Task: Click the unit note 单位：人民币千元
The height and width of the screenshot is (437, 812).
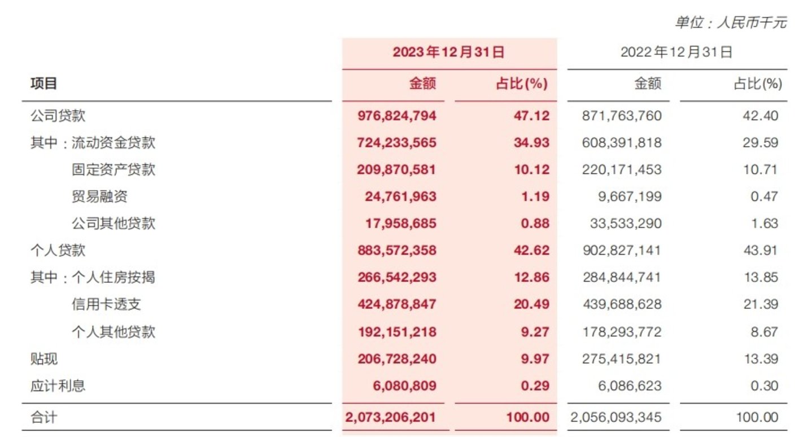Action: coord(730,23)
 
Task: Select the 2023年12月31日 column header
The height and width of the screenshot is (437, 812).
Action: coord(448,53)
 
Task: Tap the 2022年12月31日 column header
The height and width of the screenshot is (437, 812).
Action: coord(676,53)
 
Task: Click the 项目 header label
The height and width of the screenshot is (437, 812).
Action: coord(43,84)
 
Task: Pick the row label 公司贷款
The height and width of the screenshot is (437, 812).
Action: coord(58,116)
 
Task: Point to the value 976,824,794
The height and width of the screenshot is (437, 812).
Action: coord(397,116)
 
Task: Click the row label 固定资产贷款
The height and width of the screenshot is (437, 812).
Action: coord(113,169)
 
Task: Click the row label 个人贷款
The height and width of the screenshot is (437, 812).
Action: coord(58,250)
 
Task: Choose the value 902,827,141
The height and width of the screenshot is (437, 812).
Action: coord(621,250)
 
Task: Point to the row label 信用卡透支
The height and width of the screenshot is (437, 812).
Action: coord(106,305)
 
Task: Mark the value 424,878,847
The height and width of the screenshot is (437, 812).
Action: coord(397,305)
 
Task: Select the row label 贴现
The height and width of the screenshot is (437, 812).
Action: coord(43,359)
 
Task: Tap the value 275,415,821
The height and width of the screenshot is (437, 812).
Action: coord(621,359)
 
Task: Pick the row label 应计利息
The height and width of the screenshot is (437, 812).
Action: coord(58,386)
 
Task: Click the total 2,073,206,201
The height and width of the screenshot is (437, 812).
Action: coord(390,418)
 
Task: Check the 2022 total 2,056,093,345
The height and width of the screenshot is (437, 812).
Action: coord(615,418)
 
